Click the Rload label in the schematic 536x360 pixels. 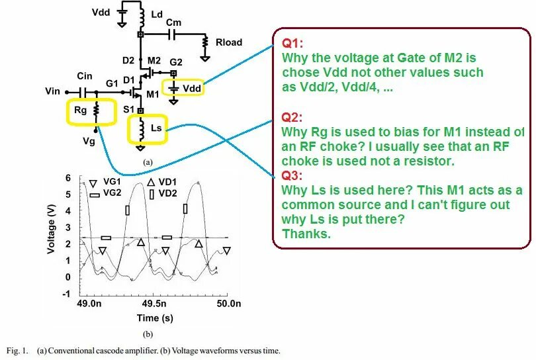pyautogui.click(x=229, y=42)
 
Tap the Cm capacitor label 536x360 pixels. pyautogui.click(x=173, y=22)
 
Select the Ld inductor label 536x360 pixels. pyautogui.click(x=157, y=14)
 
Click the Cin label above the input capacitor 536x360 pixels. pyautogui.click(x=84, y=77)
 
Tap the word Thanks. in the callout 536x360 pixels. pyautogui.click(x=306, y=234)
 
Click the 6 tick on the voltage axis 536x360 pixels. pyautogui.click(x=68, y=179)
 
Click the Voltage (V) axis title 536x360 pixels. pyautogui.click(x=51, y=229)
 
